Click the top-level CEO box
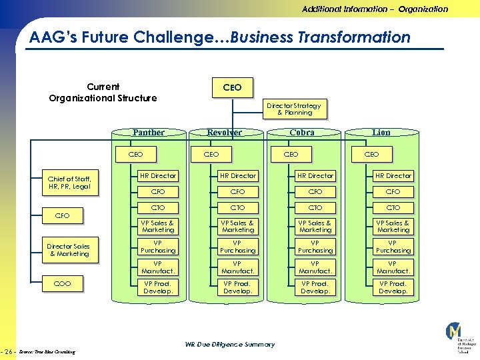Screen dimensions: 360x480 tap(232, 87)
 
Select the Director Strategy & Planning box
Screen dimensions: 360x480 tap(294, 109)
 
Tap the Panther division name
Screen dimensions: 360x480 tap(148, 132)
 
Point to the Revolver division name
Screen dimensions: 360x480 tap(224, 132)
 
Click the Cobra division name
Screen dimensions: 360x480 tap(302, 132)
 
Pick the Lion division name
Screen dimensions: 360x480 tap(381, 132)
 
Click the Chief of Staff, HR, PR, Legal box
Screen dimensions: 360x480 tap(69, 183)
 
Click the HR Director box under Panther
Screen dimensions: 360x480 tap(158, 176)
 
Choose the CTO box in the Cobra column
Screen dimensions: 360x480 tap(315, 208)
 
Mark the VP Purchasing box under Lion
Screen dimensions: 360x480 tap(393, 247)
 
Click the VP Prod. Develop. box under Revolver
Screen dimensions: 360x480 tap(237, 287)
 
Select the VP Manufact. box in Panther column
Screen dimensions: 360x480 tap(158, 267)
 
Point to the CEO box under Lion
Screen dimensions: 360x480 tap(371, 155)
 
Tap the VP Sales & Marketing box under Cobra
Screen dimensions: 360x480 tap(315, 226)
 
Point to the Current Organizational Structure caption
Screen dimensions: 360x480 tap(103, 93)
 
